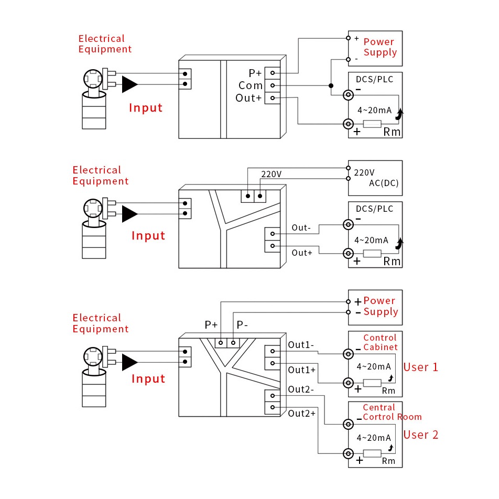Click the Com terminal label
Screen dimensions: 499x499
[251, 85]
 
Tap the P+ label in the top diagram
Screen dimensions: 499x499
[255, 73]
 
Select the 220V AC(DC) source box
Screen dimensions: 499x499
[375, 178]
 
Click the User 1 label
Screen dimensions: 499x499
[420, 367]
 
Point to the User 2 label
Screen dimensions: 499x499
[420, 435]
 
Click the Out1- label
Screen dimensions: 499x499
[301, 345]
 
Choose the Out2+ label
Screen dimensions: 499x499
[302, 413]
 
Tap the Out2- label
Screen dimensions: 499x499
[301, 389]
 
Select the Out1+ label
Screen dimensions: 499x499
[302, 370]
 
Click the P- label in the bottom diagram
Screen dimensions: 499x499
[242, 325]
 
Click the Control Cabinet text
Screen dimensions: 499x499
[380, 342]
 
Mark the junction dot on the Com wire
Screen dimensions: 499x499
[331, 85]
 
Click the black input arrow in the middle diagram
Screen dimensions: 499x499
[129, 213]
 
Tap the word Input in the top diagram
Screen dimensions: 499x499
[146, 108]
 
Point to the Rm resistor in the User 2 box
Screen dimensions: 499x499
[372, 453]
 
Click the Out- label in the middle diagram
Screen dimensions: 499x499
[301, 227]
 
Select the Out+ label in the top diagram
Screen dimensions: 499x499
[248, 98]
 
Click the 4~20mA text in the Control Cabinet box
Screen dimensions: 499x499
[373, 366]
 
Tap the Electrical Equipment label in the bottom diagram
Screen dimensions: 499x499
[100, 323]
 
